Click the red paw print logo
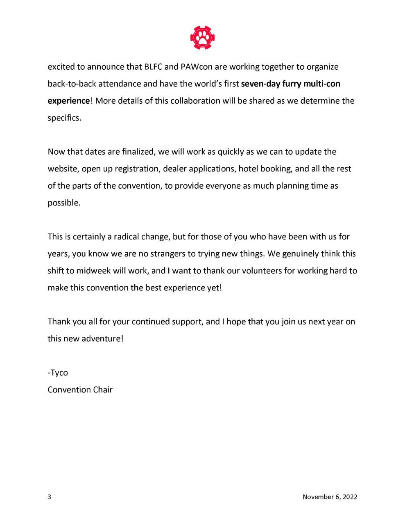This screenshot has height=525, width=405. (x=202, y=38)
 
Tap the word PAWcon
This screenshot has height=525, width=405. (x=190, y=67)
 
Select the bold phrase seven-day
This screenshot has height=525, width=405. (x=260, y=84)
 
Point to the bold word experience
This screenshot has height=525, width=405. (x=68, y=101)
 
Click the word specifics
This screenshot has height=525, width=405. (x=64, y=118)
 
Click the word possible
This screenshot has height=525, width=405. (x=64, y=203)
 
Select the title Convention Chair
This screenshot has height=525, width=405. (x=80, y=390)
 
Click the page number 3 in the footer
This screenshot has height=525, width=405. (x=50, y=497)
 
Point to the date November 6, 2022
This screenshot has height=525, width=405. (x=330, y=497)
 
